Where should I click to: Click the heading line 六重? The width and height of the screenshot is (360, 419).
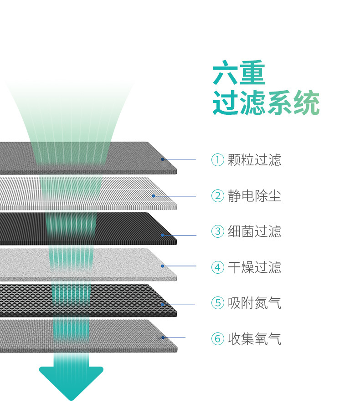[239, 74]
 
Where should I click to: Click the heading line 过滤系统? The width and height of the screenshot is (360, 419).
[266, 104]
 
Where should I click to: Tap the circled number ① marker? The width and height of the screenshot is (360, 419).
[218, 160]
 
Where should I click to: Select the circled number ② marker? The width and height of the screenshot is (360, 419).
[218, 196]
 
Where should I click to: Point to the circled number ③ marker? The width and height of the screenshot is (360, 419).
[218, 231]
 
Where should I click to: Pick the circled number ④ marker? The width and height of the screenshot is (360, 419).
[218, 267]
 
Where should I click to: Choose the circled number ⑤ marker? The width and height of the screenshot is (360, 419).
[218, 303]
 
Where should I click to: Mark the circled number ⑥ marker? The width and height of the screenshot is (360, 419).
[218, 339]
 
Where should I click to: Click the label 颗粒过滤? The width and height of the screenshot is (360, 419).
[254, 160]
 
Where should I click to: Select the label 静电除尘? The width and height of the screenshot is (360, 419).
[254, 196]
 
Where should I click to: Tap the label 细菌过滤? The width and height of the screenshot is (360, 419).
[254, 231]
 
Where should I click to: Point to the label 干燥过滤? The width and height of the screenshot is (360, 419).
[254, 267]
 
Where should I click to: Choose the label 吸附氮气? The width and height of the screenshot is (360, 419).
[254, 303]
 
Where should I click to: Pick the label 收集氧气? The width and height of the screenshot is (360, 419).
[254, 339]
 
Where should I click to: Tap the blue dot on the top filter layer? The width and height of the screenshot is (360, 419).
[162, 159]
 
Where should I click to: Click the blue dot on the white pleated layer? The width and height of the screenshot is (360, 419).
[154, 196]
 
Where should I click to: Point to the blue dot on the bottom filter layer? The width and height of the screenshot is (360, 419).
[162, 337]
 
